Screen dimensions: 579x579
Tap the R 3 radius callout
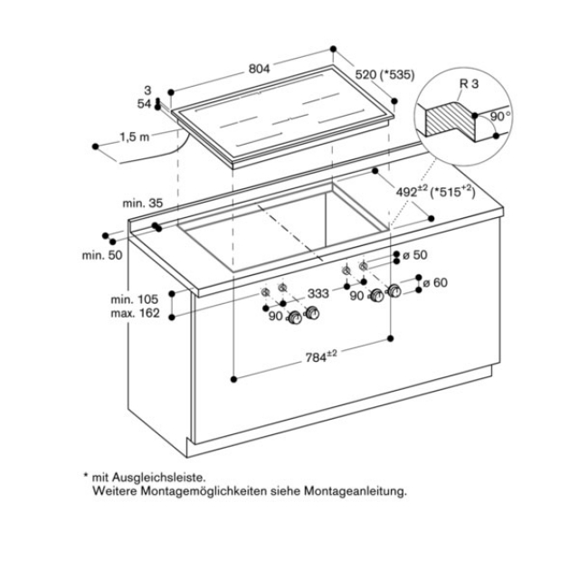469,84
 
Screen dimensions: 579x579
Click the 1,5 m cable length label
134,138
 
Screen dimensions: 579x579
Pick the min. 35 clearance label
143,204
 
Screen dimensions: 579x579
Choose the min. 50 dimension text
100,256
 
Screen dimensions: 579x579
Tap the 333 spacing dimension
318,293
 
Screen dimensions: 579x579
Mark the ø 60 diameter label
437,282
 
